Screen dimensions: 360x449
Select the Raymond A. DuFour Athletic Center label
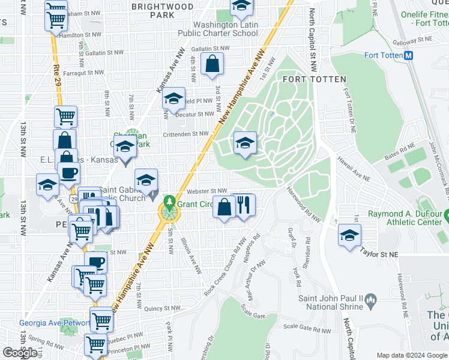coord(406,218)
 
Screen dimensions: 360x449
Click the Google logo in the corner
coord(21,353)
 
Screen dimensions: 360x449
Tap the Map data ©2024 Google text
coord(411,355)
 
